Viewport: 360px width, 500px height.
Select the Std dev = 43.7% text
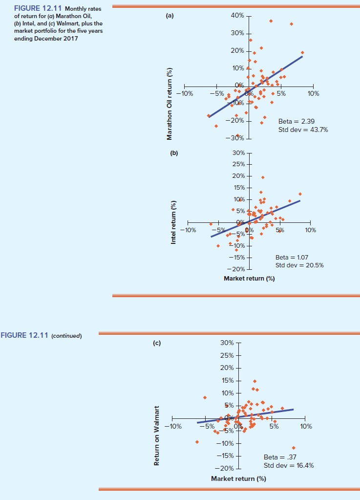click(x=303, y=130)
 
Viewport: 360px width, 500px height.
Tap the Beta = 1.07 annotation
click(x=292, y=257)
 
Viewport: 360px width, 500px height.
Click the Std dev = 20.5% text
click(x=299, y=265)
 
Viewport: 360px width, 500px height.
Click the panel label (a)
click(x=169, y=16)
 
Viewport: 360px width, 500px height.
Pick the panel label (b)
click(x=174, y=153)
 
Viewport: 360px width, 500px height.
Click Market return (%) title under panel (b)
click(x=249, y=279)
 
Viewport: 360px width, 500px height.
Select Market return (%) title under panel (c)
click(x=238, y=478)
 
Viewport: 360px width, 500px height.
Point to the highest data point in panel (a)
click(x=271, y=21)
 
